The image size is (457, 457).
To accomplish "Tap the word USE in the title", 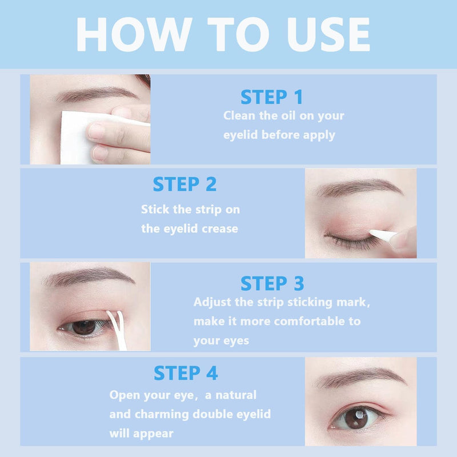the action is pos(329,34).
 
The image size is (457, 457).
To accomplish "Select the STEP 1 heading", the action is pos(271,97).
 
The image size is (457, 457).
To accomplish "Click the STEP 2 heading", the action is pos(185,184).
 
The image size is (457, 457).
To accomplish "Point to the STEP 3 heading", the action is pos(272,283).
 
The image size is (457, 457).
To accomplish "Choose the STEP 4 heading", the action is pos(186,373).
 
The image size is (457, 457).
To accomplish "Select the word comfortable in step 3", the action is pos(309,321).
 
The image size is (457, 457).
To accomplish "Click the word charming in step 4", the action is pos(162,414).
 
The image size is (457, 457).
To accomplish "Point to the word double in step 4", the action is pos(212,414).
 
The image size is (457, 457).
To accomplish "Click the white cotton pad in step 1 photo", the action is pos(85,137).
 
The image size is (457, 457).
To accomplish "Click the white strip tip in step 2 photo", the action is pos(383,235).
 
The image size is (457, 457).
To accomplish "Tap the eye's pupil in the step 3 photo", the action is pos(84,327).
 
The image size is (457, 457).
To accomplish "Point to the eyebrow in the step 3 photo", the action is pos(89,276).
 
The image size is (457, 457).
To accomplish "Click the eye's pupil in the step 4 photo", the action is pos(356,418).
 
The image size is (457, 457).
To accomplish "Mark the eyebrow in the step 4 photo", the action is pos(360,377).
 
